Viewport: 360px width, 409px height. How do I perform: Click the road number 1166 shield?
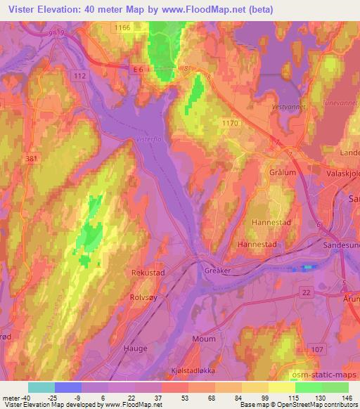[124, 27]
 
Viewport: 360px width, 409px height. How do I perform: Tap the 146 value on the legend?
[347, 397]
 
